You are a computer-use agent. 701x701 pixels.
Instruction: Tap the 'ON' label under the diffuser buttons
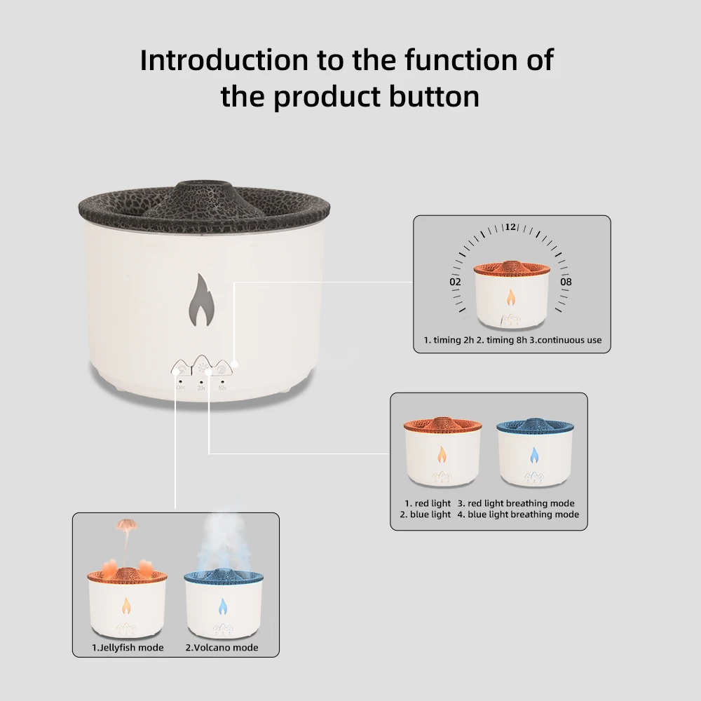tap(180, 388)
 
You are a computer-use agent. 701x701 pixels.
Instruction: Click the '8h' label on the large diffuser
tap(222, 388)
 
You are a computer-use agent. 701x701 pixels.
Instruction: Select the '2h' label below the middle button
tap(201, 388)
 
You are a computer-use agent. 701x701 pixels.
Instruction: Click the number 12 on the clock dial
tap(510, 227)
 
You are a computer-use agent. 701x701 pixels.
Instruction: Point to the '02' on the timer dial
tap(455, 282)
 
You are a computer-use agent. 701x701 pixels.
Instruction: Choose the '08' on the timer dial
tap(566, 282)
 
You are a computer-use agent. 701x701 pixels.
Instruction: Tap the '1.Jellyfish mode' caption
tap(128, 647)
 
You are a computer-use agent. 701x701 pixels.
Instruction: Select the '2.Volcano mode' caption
tap(221, 647)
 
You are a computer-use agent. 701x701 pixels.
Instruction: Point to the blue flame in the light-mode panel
tap(533, 456)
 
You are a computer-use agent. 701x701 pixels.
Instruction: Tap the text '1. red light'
tap(428, 503)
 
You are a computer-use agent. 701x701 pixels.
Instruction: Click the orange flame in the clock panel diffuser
tap(510, 299)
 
